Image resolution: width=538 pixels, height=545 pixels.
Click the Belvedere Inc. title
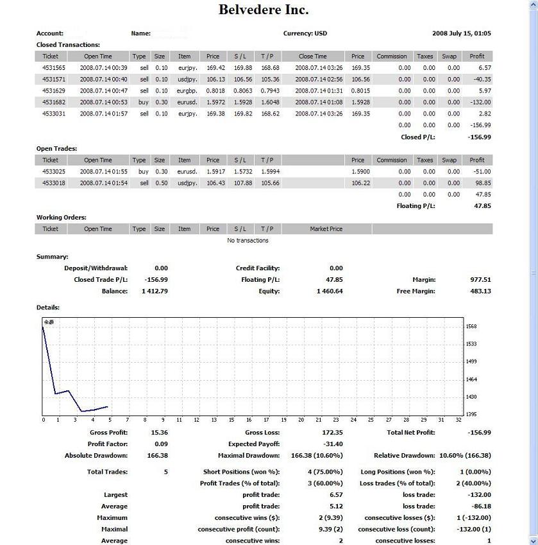tap(264, 10)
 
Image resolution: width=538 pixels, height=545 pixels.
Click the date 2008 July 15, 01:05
tap(462, 33)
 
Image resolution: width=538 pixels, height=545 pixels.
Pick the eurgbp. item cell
tap(184, 91)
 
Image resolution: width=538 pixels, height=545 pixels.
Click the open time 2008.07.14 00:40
tap(103, 79)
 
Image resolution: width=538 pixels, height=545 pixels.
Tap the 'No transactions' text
tap(248, 241)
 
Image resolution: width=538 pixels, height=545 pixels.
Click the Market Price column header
tap(326, 229)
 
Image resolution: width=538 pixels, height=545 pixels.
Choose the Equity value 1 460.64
tap(330, 291)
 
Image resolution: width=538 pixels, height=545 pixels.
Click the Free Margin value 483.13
tap(480, 291)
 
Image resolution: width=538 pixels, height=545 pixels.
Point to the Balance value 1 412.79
tap(155, 291)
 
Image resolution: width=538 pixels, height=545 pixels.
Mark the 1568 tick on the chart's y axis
tap(471, 327)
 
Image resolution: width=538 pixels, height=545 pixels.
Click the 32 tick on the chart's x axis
tap(458, 420)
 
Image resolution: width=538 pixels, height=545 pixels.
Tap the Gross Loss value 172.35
tap(332, 433)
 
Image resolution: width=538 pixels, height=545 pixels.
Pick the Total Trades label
tap(107, 472)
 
